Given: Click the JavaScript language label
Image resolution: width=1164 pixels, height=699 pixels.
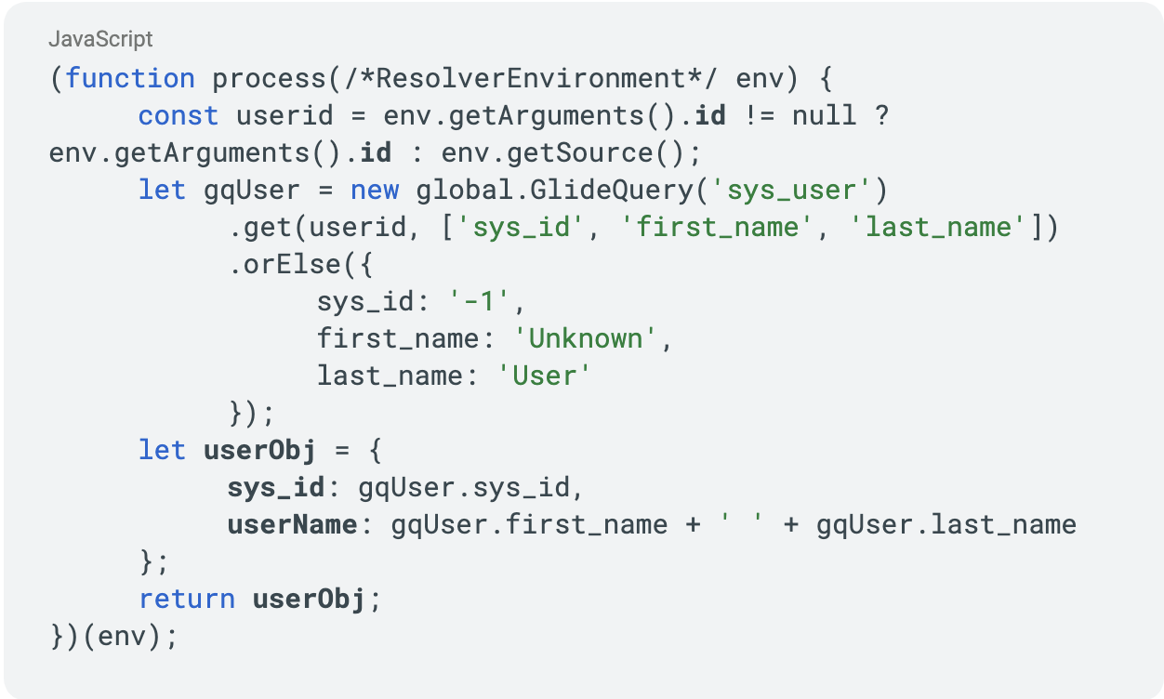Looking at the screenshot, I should (100, 39).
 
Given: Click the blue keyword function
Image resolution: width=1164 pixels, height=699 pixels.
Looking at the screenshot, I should (130, 79).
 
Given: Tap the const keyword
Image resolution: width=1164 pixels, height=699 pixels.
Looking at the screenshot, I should (179, 116).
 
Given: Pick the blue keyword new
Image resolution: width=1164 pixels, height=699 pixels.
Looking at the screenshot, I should (375, 191).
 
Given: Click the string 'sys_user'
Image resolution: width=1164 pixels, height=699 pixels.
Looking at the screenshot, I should (791, 191).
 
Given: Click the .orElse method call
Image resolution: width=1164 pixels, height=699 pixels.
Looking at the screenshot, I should (285, 265).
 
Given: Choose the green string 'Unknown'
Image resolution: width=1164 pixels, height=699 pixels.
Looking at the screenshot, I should (587, 339).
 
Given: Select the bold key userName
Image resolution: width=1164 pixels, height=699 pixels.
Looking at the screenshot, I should (292, 525).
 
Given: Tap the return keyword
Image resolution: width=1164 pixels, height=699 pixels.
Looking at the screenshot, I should (187, 600).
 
